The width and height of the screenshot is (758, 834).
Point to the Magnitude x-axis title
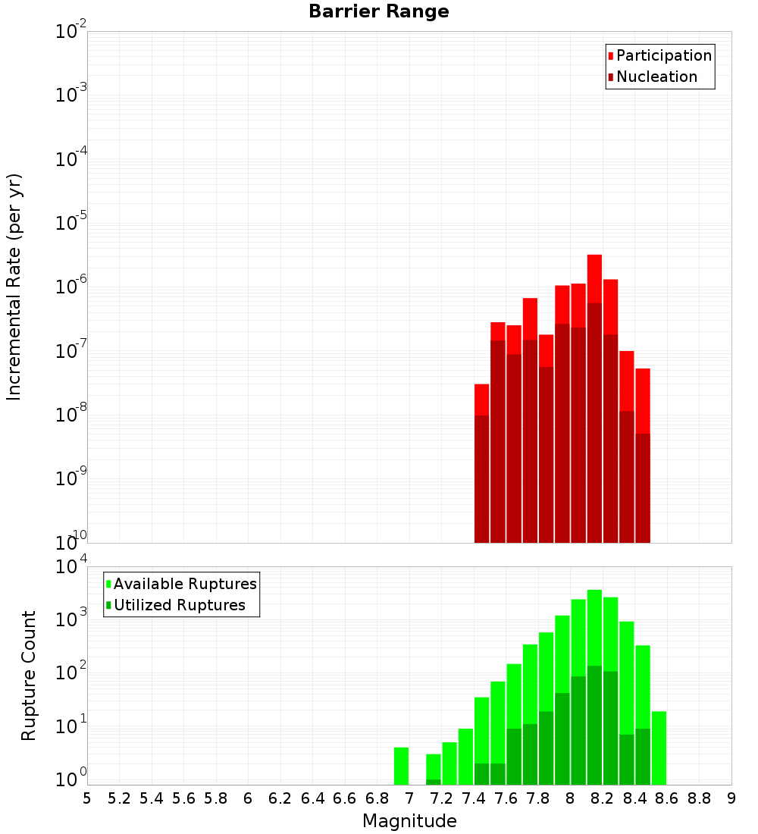click(x=409, y=821)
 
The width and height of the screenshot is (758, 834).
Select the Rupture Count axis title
click(x=29, y=676)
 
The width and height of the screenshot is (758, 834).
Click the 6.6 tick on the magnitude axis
click(x=345, y=798)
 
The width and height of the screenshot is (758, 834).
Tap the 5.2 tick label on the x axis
click(x=119, y=798)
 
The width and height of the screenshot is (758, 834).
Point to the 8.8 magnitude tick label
click(x=699, y=798)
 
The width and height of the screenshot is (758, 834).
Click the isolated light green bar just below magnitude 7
click(x=401, y=766)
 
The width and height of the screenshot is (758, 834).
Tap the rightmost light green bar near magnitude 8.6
click(x=659, y=748)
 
